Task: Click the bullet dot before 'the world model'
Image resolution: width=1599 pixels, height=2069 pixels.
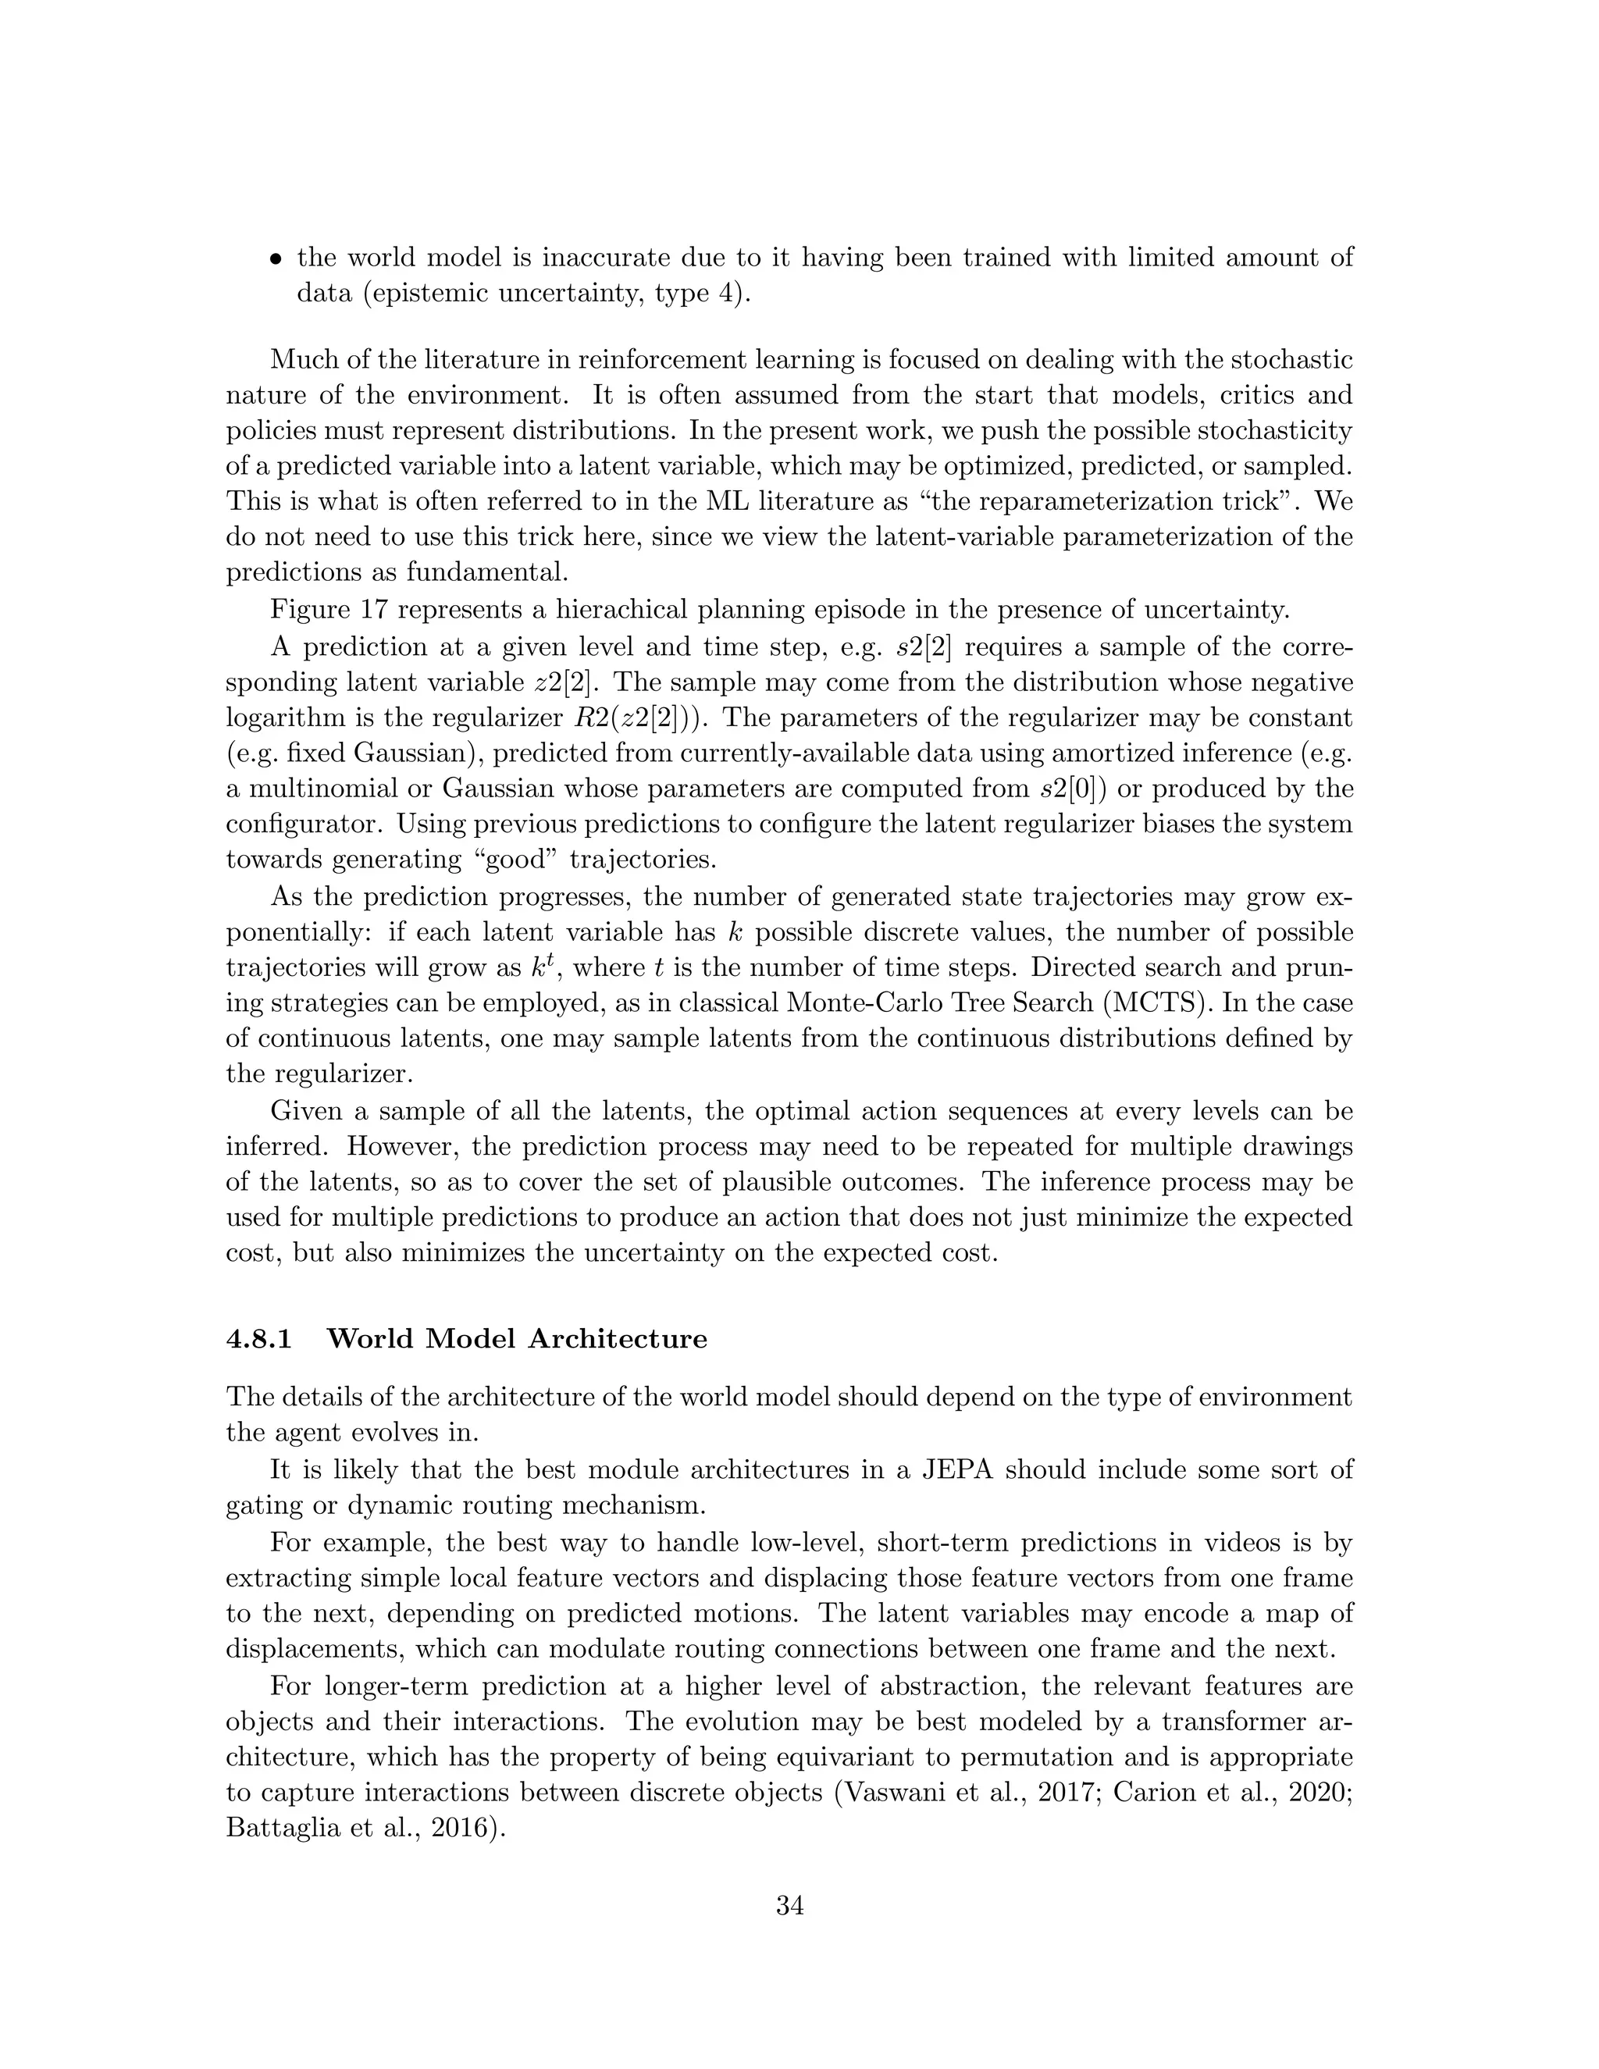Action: (276, 258)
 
